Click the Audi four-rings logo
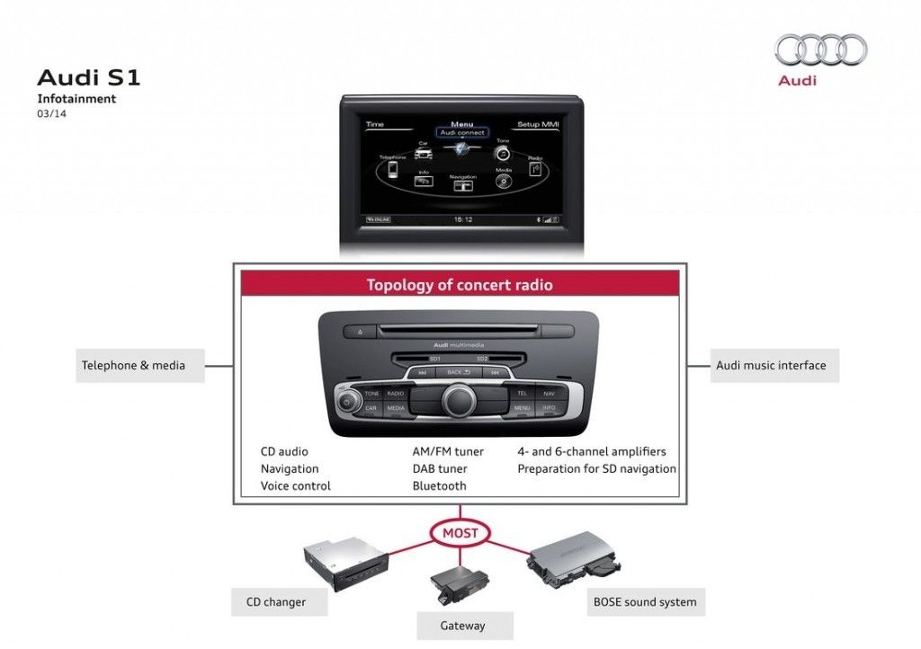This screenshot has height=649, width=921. coord(820,49)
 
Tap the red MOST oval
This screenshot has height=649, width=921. coord(460,533)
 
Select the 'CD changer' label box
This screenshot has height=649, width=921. coord(276,602)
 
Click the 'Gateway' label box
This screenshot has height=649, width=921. coord(463,626)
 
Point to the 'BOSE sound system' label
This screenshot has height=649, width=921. coord(645,602)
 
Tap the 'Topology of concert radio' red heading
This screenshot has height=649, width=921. coord(460,285)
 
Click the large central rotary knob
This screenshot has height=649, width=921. coord(459,399)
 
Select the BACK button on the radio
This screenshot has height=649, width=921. coord(459,372)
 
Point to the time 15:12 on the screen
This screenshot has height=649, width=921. coord(462,218)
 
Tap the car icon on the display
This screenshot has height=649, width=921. coord(423,152)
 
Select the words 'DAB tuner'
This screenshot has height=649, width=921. coord(440,468)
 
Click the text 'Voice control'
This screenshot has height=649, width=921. coord(296,485)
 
